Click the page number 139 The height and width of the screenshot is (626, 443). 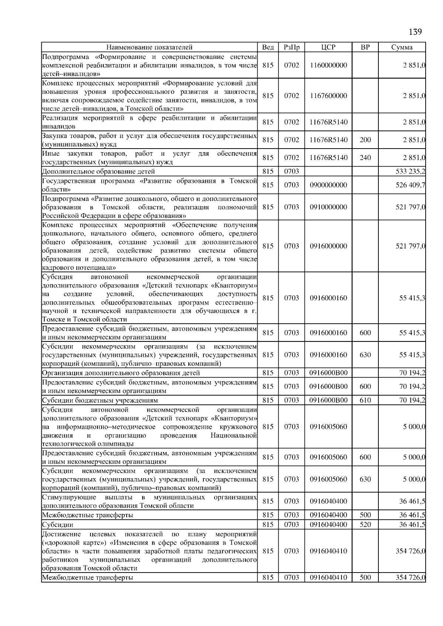tap(415, 32)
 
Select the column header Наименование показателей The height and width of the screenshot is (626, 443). tap(149, 47)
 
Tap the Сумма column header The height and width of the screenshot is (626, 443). tap(402, 47)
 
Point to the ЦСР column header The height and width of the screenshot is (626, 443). tap(328, 47)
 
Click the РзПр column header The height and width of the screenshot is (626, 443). tap(292, 47)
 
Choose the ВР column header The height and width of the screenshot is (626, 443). tap(365, 47)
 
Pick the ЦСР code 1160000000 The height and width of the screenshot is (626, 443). tap(328, 65)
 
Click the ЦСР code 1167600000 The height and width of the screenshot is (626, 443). tap(328, 96)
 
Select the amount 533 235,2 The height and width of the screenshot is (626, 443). tap(410, 171)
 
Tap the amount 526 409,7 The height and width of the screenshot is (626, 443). tap(410, 185)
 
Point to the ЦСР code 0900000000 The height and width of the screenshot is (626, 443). tap(328, 185)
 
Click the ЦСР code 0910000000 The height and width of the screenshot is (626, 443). tap(328, 207)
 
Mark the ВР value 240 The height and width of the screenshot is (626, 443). tap(365, 158)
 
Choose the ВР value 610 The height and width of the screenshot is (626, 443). tap(365, 400)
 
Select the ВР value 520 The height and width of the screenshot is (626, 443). tap(365, 525)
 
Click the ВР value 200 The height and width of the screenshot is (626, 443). tap(365, 140)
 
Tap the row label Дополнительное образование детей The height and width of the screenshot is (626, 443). tap(99, 171)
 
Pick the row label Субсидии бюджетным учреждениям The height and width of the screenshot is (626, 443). tap(100, 400)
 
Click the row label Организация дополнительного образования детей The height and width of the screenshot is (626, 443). tap(121, 373)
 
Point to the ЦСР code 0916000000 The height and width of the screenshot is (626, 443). tap(328, 246)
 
